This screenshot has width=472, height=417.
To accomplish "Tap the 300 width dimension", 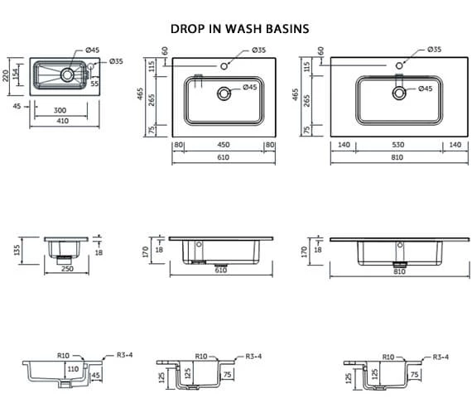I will point(60,109).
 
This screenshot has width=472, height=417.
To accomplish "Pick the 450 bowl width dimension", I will point(224,145).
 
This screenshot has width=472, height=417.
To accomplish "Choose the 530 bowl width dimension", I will point(396,145).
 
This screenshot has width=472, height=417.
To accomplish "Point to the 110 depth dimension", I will point(73,368).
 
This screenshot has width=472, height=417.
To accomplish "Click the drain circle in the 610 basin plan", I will point(225,93).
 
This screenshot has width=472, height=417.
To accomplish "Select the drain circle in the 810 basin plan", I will point(399,93).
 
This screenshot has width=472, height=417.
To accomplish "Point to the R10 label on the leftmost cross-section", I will point(62,356).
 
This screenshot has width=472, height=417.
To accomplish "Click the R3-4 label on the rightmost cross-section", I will point(441,356).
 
